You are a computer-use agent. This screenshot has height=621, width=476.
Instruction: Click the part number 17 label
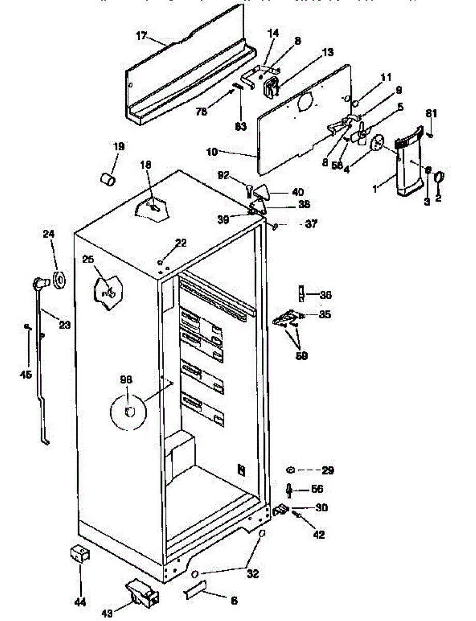142,36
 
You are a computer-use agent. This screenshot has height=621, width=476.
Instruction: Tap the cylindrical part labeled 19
108,180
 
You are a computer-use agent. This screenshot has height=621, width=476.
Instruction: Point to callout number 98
126,380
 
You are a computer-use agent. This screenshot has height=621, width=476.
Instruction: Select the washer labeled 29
291,470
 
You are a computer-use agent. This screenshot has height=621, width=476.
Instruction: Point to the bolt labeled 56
289,489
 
